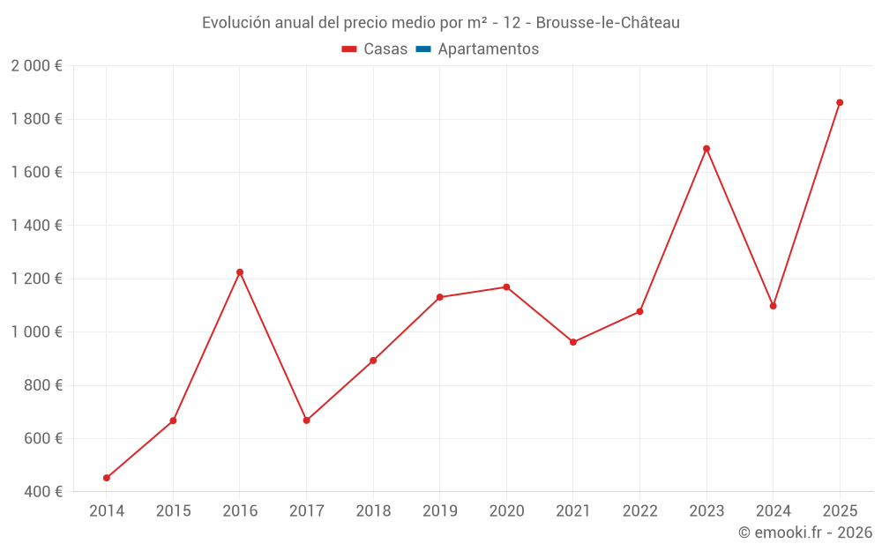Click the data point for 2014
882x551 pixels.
pyautogui.click(x=107, y=478)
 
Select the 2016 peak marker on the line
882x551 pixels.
pyautogui.click(x=240, y=272)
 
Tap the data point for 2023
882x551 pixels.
pyautogui.click(x=706, y=149)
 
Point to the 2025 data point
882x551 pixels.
pyautogui.click(x=840, y=102)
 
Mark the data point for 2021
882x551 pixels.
pyautogui.click(x=573, y=342)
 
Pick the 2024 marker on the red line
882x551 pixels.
pyautogui.click(x=774, y=306)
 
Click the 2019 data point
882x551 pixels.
pyautogui.click(x=440, y=297)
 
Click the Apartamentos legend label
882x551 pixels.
pyautogui.click(x=488, y=49)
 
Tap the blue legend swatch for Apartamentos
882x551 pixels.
pyautogui.click(x=423, y=49)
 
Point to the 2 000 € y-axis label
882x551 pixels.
pyautogui.click(x=36, y=66)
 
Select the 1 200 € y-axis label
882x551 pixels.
pyautogui.click(x=36, y=279)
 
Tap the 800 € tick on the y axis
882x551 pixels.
pyautogui.click(x=42, y=385)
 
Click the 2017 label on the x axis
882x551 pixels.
pyautogui.click(x=306, y=511)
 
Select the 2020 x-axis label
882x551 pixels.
pyautogui.click(x=506, y=511)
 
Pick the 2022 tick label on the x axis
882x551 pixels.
pyautogui.click(x=639, y=511)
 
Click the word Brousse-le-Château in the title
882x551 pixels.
pyautogui.click(x=608, y=23)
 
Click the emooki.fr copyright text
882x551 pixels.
pyautogui.click(x=805, y=532)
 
